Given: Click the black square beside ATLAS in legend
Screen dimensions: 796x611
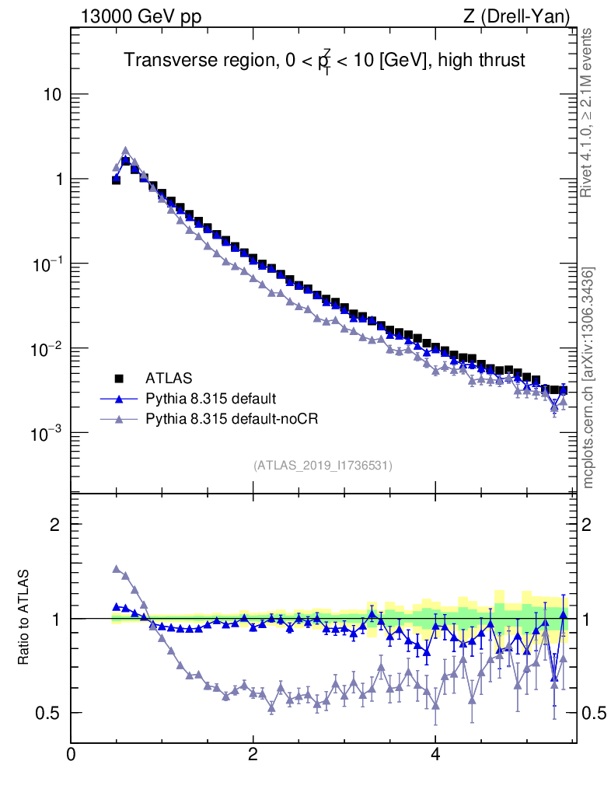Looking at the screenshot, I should click(120, 379).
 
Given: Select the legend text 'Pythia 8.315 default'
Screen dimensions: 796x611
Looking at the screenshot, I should click(211, 399).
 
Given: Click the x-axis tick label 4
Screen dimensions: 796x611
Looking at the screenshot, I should click(435, 755).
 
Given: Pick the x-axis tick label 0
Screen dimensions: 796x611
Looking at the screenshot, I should click(72, 755).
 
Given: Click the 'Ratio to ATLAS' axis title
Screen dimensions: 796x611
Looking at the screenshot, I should click(25, 618).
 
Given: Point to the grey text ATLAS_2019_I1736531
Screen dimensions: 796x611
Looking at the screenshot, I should click(323, 466).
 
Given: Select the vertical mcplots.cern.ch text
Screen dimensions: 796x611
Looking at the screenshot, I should click(588, 378).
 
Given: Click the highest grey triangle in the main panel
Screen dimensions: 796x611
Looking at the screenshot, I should click(125, 151).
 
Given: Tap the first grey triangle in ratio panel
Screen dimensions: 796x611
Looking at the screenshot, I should click(117, 569).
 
